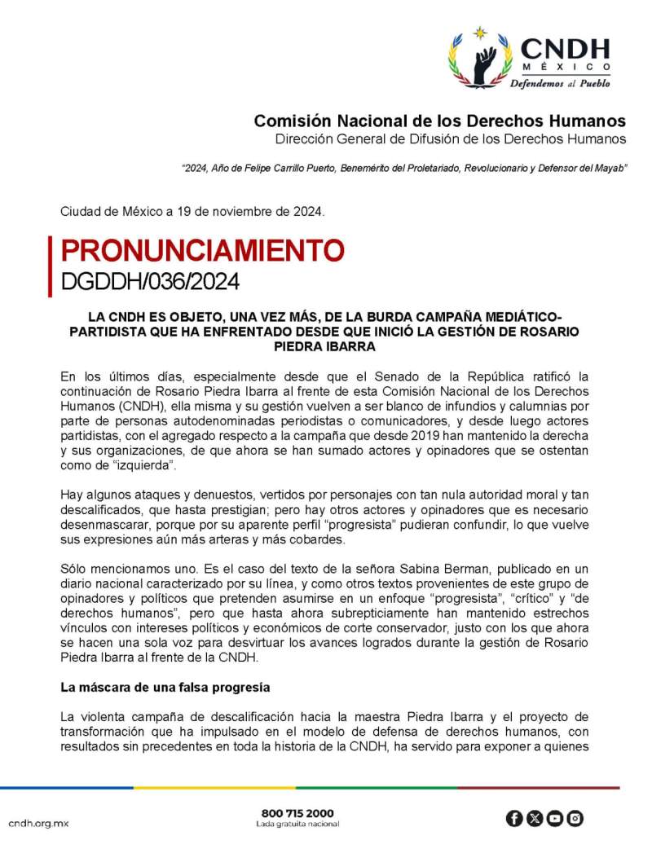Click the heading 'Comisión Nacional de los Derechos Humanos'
tap(440, 121)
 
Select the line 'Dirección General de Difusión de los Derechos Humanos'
tap(451, 139)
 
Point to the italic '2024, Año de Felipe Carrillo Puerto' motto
tap(404, 168)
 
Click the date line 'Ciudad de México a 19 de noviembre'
tap(193, 212)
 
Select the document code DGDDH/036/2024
tap(151, 281)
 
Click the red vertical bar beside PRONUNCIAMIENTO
tap(51, 265)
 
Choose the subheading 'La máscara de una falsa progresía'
tap(165, 687)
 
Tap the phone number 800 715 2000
tap(297, 813)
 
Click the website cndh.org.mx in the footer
tap(39, 824)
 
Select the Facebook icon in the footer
tap(514, 818)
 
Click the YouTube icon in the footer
tap(555, 818)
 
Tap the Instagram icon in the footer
tap(575, 818)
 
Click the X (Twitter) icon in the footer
tap(535, 818)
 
